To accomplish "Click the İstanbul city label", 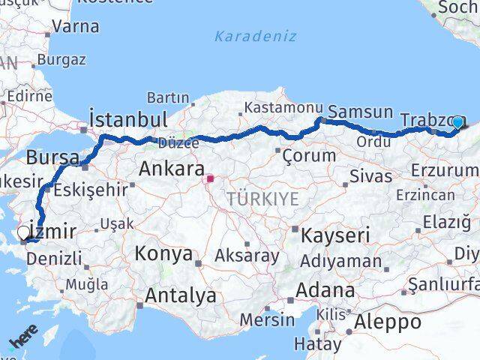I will point(127,119).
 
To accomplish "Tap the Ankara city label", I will point(172,169).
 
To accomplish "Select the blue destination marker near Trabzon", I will point(457,121).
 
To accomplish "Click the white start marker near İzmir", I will point(24,233).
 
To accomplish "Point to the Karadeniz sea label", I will point(255,36).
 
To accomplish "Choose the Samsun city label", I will point(361,112).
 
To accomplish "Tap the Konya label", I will point(163,253).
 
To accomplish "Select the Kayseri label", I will point(335,235).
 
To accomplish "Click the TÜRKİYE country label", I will point(263,199).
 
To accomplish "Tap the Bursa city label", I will point(52,158).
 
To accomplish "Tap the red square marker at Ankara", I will point(210,179).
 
